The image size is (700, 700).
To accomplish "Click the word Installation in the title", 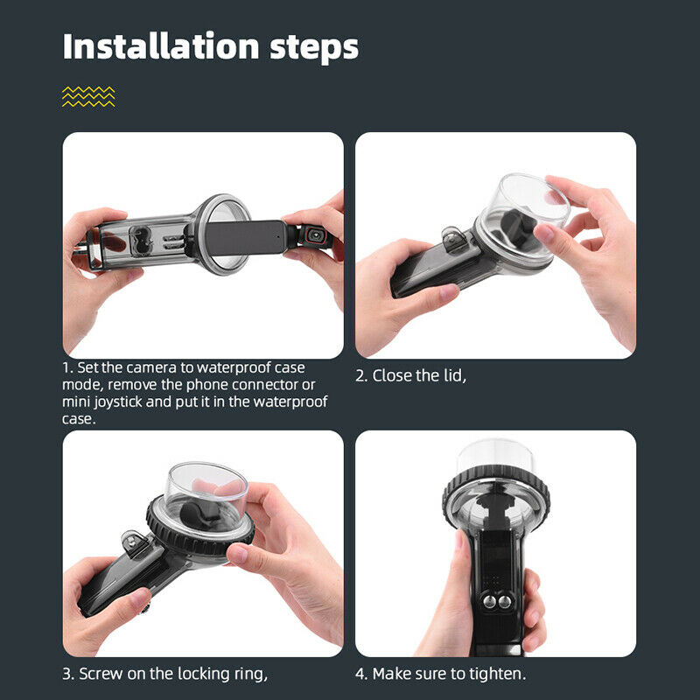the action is tap(161, 46).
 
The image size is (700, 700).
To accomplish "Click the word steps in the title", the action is tap(314, 48).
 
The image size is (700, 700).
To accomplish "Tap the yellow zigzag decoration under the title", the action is tap(88, 96).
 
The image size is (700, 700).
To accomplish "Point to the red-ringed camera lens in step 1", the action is tap(315, 234).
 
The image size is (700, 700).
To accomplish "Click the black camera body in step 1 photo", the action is tap(247, 238).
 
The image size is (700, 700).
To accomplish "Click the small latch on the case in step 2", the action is tap(455, 240).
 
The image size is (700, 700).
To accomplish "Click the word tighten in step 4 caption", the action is tap(496, 674).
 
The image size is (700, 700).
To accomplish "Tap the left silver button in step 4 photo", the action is tap(489, 601).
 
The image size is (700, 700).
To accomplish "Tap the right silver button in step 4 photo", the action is tap(505, 601).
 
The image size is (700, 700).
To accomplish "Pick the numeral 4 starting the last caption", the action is tap(360, 674).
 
